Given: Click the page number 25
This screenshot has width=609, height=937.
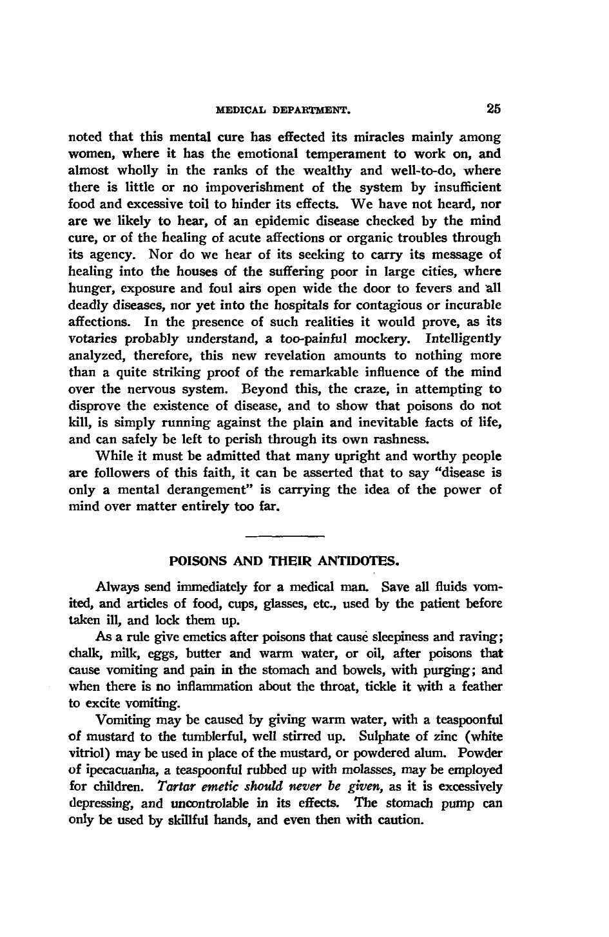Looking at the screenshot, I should click(x=494, y=110).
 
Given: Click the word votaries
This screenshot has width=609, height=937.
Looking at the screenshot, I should click(x=90, y=338).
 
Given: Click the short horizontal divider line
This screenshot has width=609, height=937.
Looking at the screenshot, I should click(x=284, y=535).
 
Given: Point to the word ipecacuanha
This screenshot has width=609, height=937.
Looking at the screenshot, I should click(x=118, y=770).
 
